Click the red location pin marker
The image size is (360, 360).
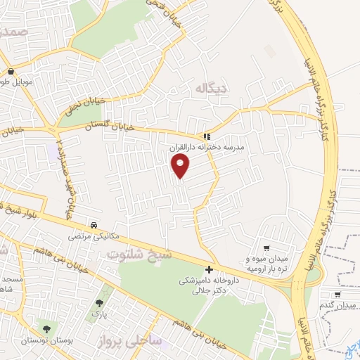click(181, 166)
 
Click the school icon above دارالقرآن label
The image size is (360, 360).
click(206, 136)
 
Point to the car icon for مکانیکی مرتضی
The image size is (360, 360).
click(94, 226)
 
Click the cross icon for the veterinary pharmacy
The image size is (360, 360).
click(209, 269)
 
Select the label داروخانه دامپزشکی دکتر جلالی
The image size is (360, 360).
click(208, 285)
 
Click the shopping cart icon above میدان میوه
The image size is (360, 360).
click(266, 247)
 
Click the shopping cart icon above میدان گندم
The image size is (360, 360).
click(338, 295)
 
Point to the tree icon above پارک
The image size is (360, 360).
click(98, 304)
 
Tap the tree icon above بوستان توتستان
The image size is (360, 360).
click(46, 328)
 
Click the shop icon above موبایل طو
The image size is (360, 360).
click(12, 71)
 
